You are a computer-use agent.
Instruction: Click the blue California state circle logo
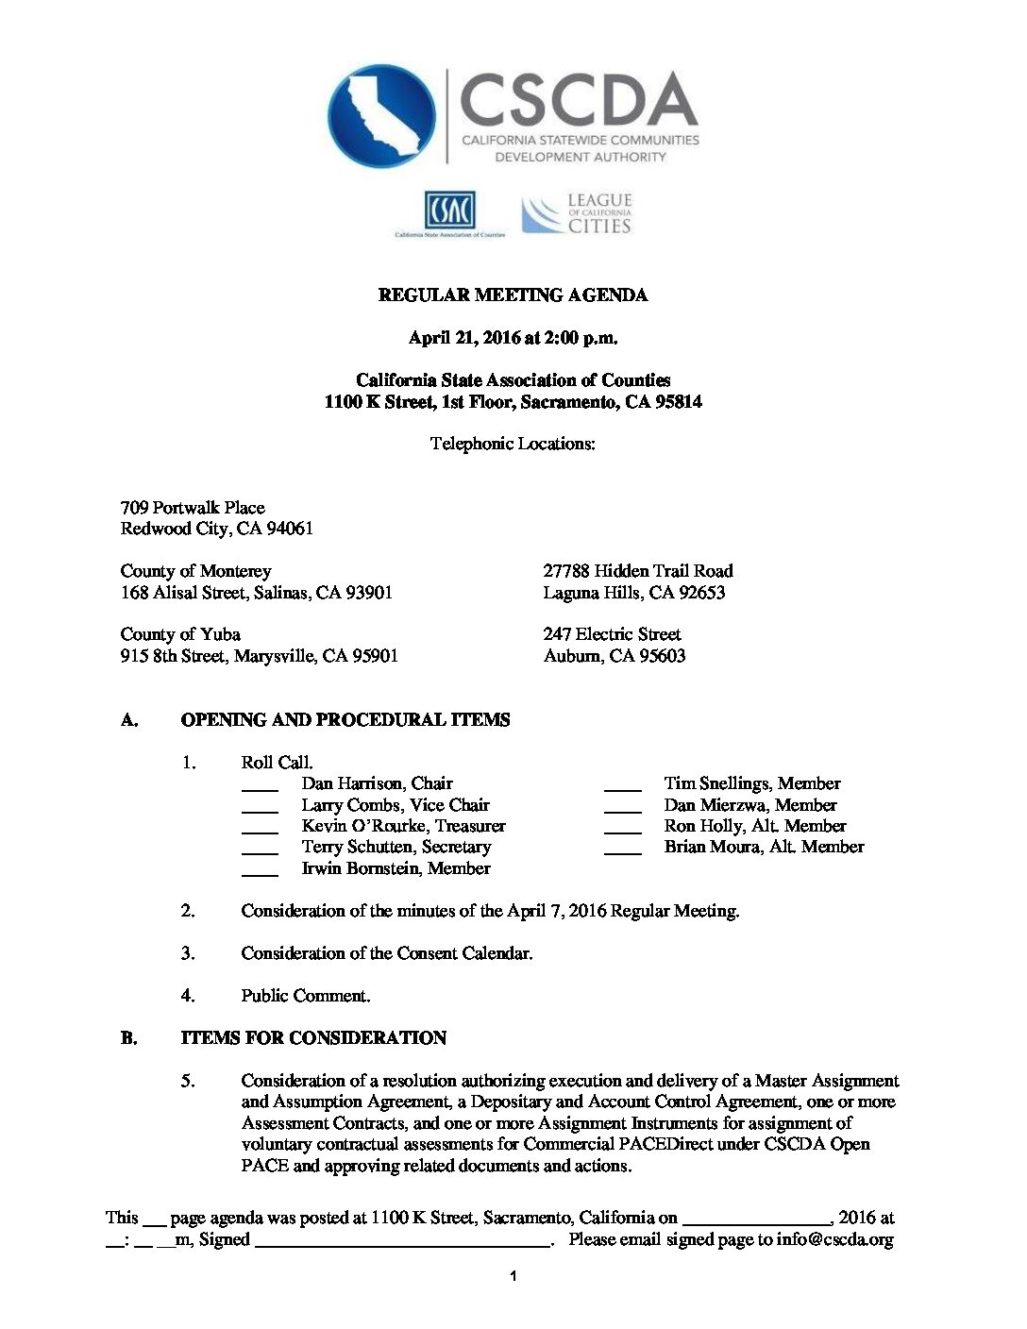pyautogui.click(x=381, y=115)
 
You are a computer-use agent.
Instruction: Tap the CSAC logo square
pyautogui.click(x=449, y=210)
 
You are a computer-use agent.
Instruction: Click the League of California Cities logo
pyautogui.click(x=577, y=214)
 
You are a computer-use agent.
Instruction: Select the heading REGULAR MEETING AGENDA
pyautogui.click(x=513, y=295)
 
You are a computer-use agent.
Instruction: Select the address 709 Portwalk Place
pyautogui.click(x=193, y=508)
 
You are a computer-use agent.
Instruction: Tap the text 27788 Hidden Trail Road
pyautogui.click(x=638, y=571)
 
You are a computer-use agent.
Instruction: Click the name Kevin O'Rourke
pyautogui.click(x=363, y=826)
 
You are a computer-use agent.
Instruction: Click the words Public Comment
pyautogui.click(x=305, y=996)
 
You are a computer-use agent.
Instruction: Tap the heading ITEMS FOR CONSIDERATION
pyautogui.click(x=313, y=1038)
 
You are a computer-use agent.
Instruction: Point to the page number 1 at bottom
pyautogui.click(x=513, y=1277)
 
